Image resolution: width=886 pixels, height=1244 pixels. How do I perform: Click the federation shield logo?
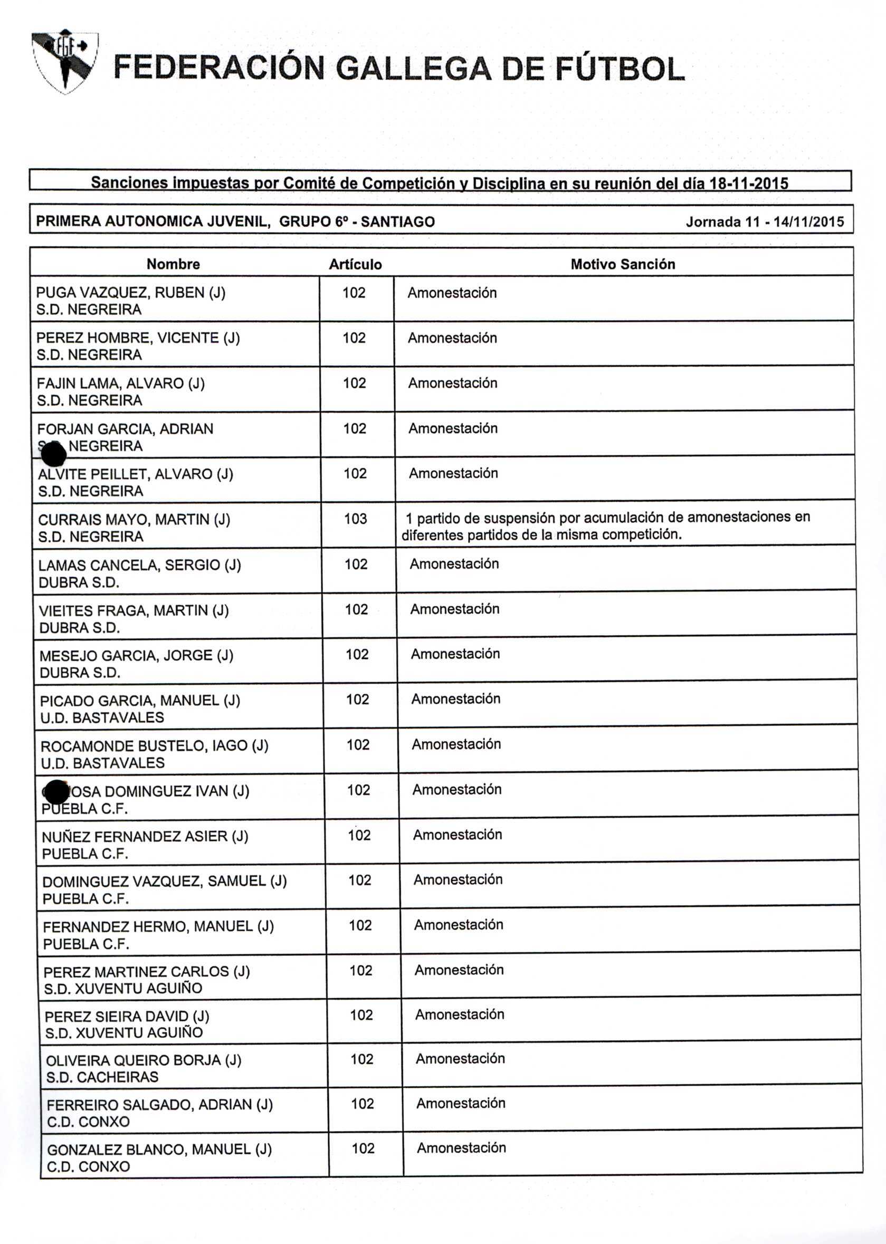pyautogui.click(x=65, y=61)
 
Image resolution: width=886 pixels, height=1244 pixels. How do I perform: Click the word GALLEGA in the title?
pyautogui.click(x=414, y=69)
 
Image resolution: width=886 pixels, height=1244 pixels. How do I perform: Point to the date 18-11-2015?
pyautogui.click(x=748, y=183)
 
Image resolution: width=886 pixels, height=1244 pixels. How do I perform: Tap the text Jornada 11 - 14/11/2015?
pyautogui.click(x=764, y=222)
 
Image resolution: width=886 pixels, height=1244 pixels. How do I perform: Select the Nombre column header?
pyautogui.click(x=174, y=264)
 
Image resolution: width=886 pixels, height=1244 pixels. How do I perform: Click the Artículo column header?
pyautogui.click(x=355, y=265)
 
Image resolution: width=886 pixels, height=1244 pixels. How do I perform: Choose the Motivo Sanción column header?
pyautogui.click(x=623, y=264)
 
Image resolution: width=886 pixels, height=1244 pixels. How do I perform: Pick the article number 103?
pyautogui.click(x=355, y=519)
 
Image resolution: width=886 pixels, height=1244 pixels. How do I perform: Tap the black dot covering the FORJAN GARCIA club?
pyautogui.click(x=53, y=454)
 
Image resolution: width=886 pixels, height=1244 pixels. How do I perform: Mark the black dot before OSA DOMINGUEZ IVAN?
pyautogui.click(x=56, y=792)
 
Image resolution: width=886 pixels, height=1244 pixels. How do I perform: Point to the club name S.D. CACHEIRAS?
pyautogui.click(x=102, y=1077)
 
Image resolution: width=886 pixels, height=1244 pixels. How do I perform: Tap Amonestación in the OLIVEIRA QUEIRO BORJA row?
pyautogui.click(x=460, y=1059)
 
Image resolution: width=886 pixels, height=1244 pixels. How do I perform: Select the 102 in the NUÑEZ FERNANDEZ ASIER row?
pyautogui.click(x=359, y=835)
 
